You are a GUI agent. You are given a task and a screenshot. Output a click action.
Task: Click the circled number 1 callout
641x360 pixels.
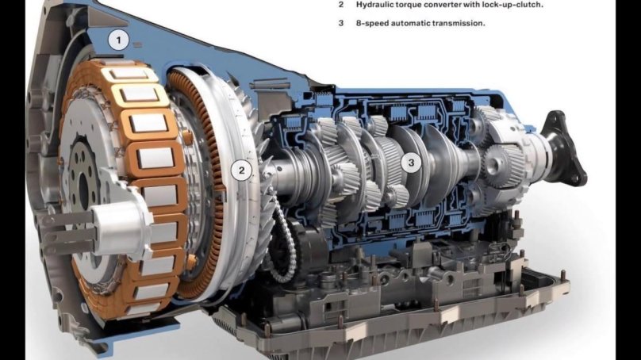tap(118, 40)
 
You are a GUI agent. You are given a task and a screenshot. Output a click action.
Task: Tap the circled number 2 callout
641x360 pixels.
tap(242, 170)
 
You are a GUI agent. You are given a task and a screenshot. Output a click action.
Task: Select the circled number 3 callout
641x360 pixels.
tap(411, 163)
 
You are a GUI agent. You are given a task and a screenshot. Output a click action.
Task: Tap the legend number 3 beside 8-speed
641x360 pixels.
tap(341, 23)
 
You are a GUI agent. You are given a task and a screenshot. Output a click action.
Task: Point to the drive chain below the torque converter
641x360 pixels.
tap(283, 241)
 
